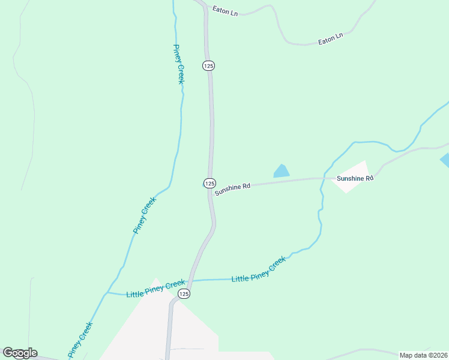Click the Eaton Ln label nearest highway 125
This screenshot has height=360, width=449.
[225, 10]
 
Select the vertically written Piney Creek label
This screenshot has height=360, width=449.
[179, 64]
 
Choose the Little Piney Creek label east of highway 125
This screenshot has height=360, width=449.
[259, 271]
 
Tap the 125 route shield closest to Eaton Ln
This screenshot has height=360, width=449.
[208, 66]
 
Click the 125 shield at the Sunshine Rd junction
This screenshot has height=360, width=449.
[209, 183]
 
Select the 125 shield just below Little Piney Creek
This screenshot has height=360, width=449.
[184, 293]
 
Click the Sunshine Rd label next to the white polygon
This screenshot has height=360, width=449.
[355, 178]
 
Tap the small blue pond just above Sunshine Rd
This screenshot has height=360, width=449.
[281, 172]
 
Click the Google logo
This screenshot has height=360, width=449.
[20, 353]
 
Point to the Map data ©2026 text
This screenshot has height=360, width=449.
[423, 355]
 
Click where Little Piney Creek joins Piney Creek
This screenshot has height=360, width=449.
[107, 293]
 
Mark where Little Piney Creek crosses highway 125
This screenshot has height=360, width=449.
[190, 280]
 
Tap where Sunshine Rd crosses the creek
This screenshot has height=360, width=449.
[324, 178]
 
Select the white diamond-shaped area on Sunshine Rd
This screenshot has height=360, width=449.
[351, 176]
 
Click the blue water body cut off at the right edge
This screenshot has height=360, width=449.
[445, 160]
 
